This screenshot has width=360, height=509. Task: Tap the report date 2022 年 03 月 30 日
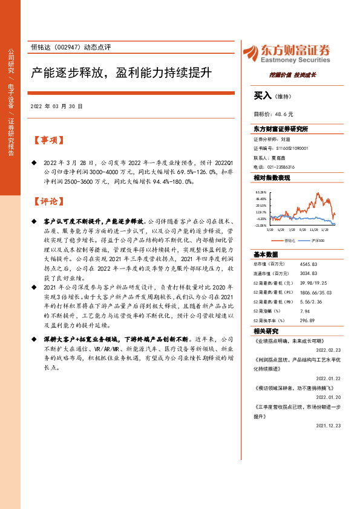coord(56,106)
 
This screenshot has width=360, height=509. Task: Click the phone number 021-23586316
coord(282,167)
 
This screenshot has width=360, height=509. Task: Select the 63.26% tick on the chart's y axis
coord(261,191)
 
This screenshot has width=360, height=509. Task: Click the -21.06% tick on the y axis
coord(260,225)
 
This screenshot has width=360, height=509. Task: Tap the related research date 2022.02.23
coord(329,349)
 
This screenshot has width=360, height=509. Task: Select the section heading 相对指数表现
coord(272,178)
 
